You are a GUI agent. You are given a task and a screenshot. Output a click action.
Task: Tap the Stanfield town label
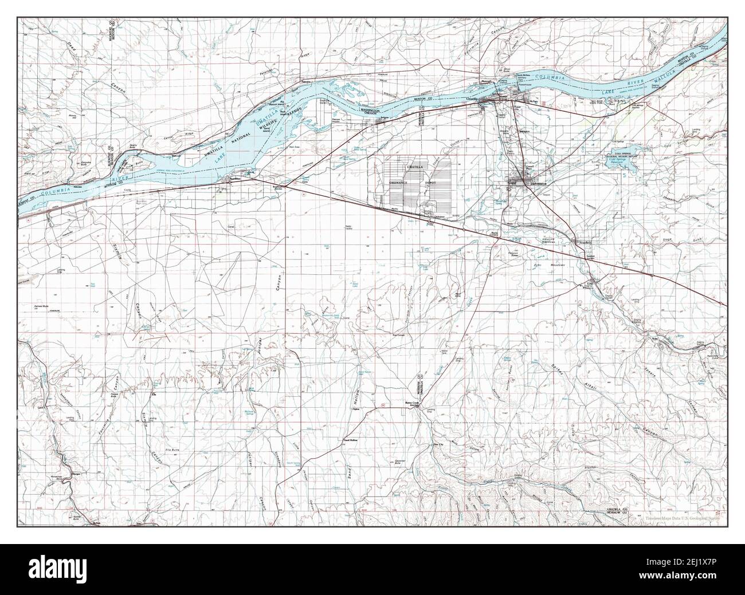point(584,243)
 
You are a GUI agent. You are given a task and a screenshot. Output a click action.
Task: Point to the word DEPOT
point(429,182)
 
